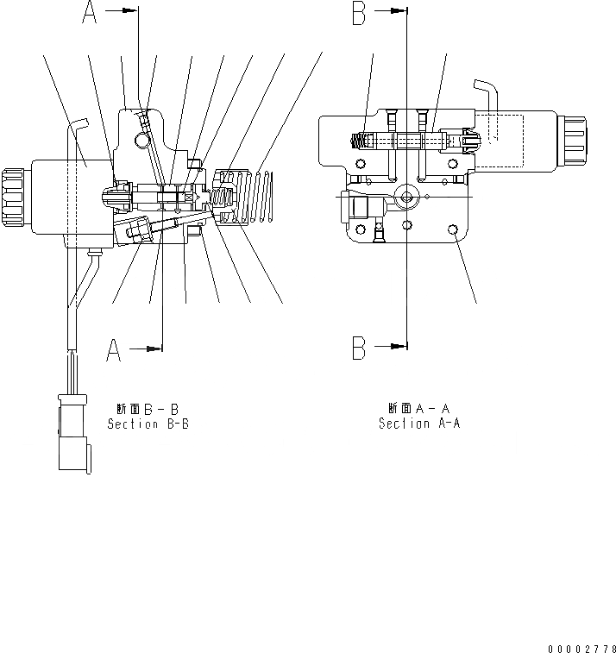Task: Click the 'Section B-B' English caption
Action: click(148, 424)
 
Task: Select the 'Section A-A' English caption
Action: click(419, 424)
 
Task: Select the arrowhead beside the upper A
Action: click(130, 11)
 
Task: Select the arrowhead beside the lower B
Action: click(399, 348)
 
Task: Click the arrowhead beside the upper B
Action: click(399, 11)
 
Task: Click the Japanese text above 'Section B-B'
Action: click(147, 409)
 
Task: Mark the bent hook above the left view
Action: click(79, 125)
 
